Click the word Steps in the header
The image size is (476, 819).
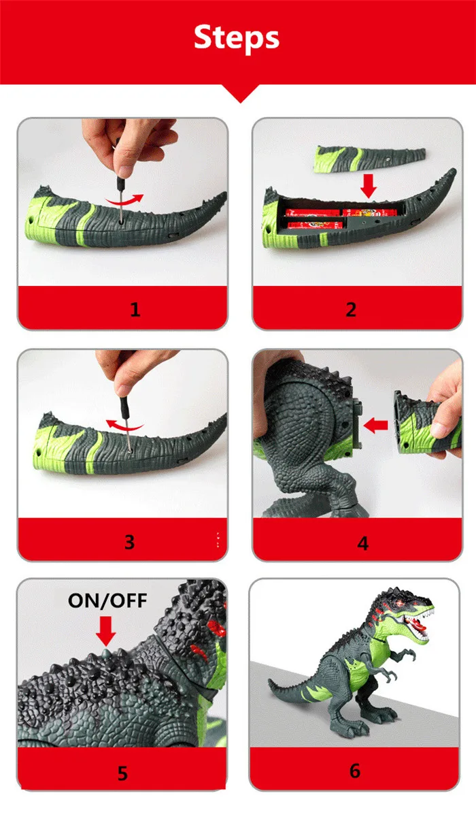click(x=237, y=37)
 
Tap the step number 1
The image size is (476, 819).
click(x=135, y=309)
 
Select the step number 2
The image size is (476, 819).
click(x=351, y=310)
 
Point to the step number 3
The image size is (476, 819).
click(x=129, y=541)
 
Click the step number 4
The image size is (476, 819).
click(x=362, y=543)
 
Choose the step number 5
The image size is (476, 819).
click(x=123, y=773)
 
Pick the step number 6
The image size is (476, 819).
click(x=355, y=771)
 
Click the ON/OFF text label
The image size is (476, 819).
click(x=107, y=600)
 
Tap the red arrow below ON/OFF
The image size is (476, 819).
click(x=106, y=631)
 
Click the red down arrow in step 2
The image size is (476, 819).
click(x=369, y=186)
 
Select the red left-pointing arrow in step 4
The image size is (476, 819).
click(x=375, y=425)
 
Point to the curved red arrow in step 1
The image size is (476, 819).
click(x=124, y=201)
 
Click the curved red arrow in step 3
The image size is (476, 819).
click(x=124, y=425)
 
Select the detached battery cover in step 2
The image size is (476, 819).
click(x=369, y=159)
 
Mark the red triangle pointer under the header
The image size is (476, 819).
click(x=240, y=93)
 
